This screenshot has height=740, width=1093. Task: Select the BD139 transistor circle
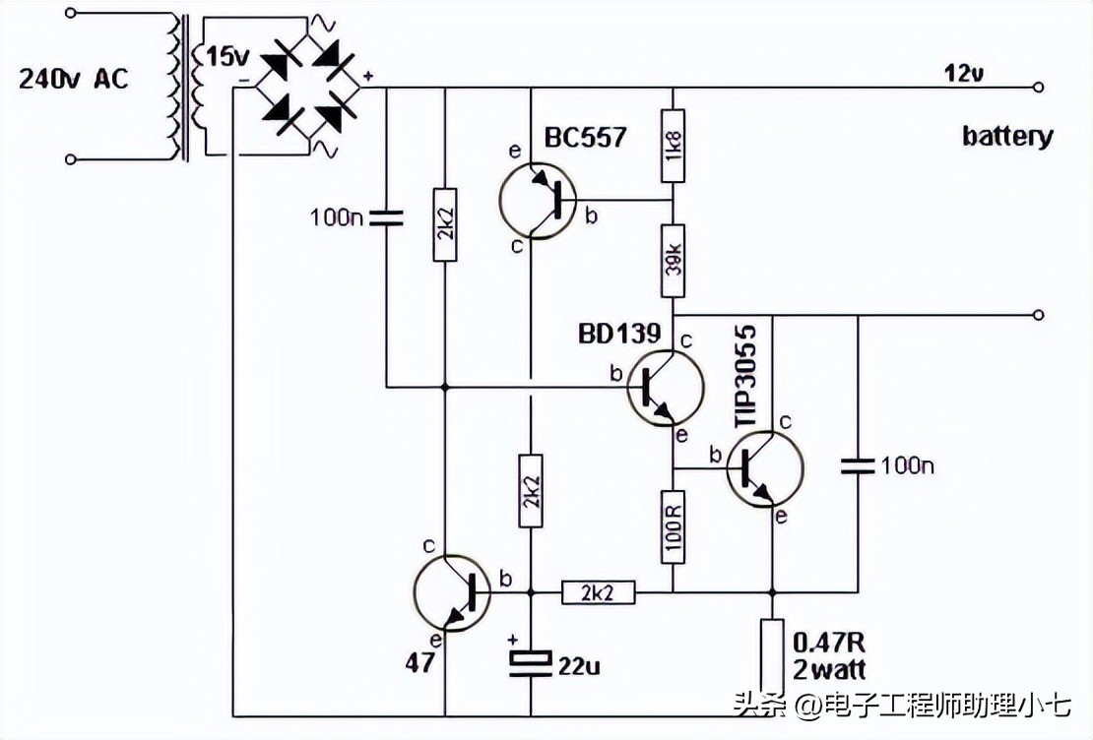666,388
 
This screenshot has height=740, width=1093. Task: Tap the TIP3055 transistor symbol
765,469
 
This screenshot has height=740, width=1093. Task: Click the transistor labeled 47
452,592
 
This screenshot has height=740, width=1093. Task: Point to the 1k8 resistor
674,154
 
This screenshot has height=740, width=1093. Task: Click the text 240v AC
74,80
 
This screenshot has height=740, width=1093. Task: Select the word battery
1007,136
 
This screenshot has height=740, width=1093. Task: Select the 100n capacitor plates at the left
385,217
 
